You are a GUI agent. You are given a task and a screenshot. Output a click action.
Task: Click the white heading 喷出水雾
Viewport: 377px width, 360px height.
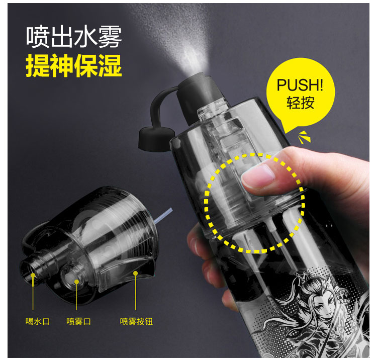[74, 37]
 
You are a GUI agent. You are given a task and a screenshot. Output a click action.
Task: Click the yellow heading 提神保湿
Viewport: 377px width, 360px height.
[74, 65]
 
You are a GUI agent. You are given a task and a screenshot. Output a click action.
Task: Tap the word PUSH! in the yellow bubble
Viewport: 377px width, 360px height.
[300, 84]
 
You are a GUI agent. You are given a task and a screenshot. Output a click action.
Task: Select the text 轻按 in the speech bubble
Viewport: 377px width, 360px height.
[300, 103]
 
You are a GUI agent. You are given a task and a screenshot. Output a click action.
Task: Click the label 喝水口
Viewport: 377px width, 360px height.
[38, 321]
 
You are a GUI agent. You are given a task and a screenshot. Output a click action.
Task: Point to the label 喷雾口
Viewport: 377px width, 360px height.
[78, 321]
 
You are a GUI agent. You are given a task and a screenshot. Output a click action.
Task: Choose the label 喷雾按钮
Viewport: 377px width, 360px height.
[136, 321]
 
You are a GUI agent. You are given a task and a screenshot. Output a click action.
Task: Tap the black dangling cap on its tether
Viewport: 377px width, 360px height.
[156, 139]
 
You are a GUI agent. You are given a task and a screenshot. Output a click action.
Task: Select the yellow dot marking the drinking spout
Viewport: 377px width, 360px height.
[33, 275]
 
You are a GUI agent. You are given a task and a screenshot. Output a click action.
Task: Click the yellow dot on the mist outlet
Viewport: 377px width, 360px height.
[76, 282]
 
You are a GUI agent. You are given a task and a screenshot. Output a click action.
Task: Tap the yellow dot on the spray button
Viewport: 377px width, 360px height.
[136, 274]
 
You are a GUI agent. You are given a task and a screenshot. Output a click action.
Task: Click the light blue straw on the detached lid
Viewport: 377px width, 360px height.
[163, 216]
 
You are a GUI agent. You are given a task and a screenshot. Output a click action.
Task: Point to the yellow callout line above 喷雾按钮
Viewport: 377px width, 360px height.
[136, 292]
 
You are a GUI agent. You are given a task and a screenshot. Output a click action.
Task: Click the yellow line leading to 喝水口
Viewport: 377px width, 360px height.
[33, 293]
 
